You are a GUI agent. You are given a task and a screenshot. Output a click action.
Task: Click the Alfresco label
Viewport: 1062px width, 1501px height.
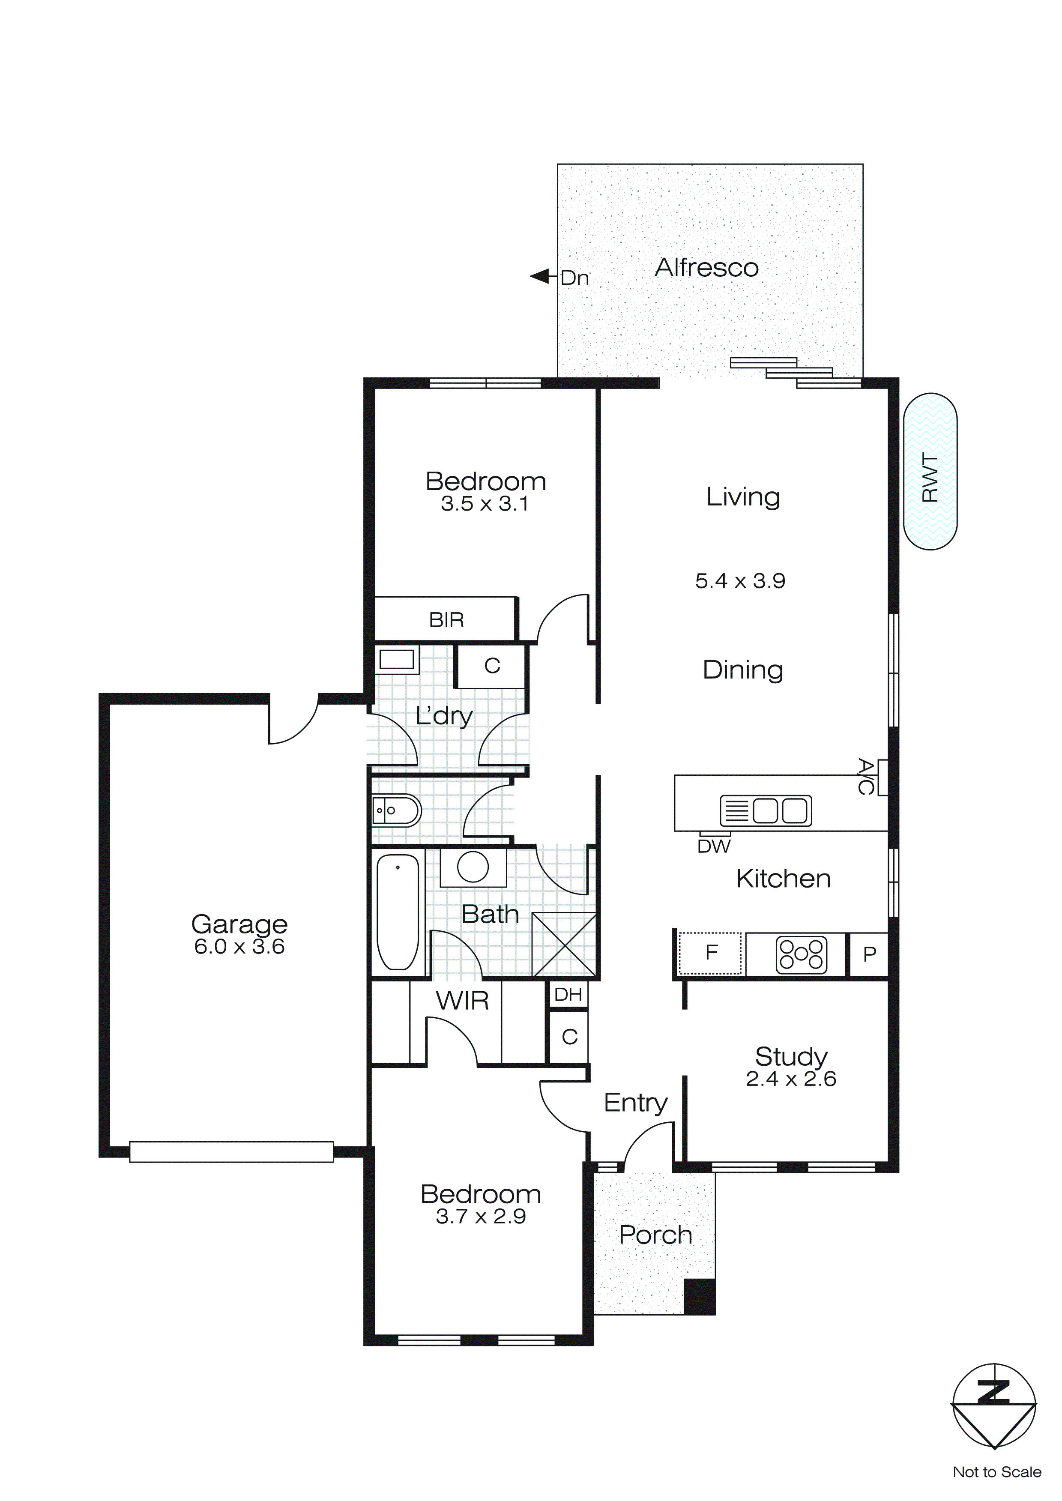[706, 268]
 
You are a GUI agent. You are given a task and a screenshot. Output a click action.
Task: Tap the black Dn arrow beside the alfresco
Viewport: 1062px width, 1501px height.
[540, 277]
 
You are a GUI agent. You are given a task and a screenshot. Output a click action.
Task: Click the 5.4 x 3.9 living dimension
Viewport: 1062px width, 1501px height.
[739, 580]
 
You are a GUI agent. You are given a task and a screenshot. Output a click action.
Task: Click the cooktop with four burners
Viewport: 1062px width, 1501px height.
[801, 954]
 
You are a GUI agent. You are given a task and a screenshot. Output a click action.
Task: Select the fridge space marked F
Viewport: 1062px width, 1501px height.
[711, 953]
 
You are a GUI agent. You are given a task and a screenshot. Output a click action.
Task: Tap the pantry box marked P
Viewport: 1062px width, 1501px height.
[869, 954]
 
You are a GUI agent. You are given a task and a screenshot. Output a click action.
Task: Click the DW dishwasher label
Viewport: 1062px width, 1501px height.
[713, 846]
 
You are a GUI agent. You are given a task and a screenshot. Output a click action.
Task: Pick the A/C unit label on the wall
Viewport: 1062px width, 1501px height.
[865, 777]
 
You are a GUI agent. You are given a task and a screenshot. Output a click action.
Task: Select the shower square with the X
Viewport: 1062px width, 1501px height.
[564, 945]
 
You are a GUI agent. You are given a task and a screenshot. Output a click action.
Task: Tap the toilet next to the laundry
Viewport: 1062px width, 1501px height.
[396, 810]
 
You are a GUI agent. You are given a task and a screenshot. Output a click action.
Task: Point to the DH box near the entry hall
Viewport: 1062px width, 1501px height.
[568, 994]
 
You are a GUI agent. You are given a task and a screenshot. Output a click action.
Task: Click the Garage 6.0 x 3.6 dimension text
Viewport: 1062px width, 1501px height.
[239, 947]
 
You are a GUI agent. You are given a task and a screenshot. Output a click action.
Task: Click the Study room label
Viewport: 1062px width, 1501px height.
[791, 1056]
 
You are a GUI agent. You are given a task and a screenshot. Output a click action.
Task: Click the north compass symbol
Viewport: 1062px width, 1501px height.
[993, 1405]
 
